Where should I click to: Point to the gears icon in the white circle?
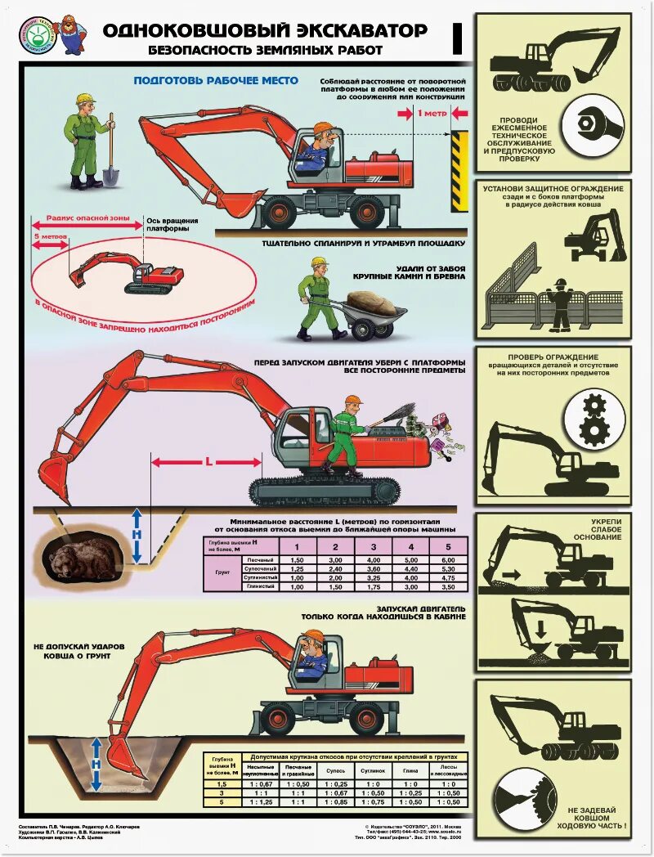click(x=594, y=420)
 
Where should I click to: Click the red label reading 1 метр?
click(x=432, y=114)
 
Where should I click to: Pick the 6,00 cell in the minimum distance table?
click(x=447, y=559)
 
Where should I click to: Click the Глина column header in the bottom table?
click(x=410, y=770)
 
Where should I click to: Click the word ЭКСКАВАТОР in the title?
click(x=361, y=31)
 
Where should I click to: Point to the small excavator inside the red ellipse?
click(x=123, y=273)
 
